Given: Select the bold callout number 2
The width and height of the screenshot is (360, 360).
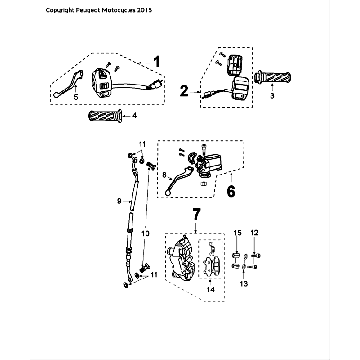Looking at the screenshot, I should [x=184, y=89].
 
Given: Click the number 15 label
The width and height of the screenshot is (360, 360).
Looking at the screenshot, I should [x=237, y=233].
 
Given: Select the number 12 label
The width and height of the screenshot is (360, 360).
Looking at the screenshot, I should [x=254, y=233].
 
